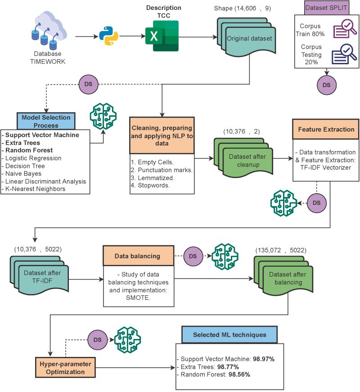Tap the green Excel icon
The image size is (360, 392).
162,36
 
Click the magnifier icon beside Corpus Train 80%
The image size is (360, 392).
344,30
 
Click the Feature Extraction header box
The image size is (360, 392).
326,129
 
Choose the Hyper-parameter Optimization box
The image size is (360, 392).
66,368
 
